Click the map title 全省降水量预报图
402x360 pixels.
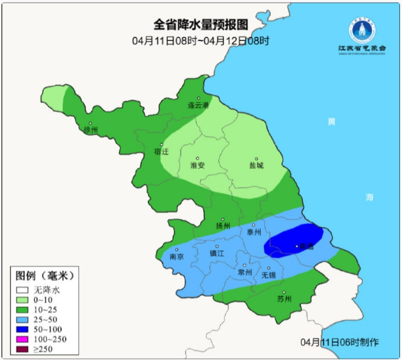(x=201, y=25)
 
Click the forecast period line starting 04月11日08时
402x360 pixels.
(x=201, y=41)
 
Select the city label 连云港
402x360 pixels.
(x=198, y=105)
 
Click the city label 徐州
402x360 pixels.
(x=91, y=130)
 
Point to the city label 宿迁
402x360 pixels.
(x=161, y=151)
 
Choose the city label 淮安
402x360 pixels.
(x=197, y=165)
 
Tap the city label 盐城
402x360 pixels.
(x=256, y=165)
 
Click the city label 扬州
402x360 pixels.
(x=223, y=226)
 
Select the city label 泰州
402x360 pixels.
(x=254, y=232)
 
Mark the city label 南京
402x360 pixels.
(x=177, y=256)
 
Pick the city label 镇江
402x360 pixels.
(x=216, y=253)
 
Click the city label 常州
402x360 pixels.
(x=245, y=272)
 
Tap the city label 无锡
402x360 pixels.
(x=269, y=275)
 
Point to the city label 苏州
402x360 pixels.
(x=284, y=299)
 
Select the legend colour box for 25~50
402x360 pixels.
(x=22, y=319)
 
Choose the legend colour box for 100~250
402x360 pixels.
(x=22, y=339)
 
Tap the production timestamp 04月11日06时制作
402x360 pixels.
(x=340, y=342)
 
